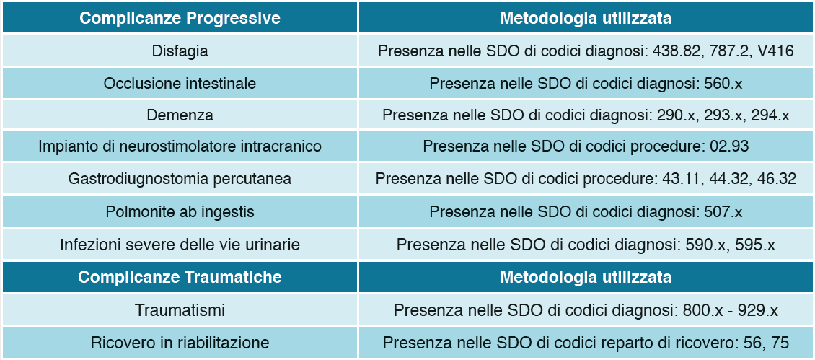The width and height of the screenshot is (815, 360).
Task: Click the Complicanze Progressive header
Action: (x=180, y=18)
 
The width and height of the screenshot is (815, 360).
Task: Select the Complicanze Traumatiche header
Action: (x=180, y=277)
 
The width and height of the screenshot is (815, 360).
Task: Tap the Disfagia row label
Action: (x=180, y=51)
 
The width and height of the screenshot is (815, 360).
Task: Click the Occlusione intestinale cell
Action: (x=180, y=83)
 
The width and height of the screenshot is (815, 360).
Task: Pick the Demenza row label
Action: (x=180, y=115)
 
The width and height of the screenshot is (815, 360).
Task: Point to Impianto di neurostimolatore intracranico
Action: (x=180, y=146)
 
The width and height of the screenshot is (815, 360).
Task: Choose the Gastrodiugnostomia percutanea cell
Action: (x=180, y=179)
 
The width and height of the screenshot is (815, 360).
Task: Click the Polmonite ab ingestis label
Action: (x=180, y=211)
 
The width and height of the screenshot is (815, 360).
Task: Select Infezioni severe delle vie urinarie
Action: (x=180, y=244)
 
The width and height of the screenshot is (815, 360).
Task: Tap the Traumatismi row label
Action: (x=180, y=310)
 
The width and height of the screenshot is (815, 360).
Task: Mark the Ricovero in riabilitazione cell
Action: (x=180, y=343)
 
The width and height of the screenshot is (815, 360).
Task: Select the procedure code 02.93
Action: (x=729, y=146)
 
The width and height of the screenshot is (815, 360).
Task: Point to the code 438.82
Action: (x=674, y=51)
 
